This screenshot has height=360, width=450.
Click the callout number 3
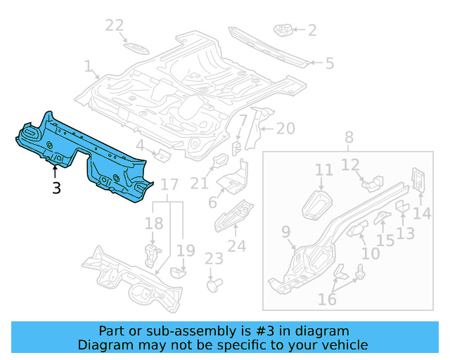click(x=56, y=188)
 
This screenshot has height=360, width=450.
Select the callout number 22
click(x=115, y=26)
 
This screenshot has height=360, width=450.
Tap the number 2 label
click(x=311, y=30)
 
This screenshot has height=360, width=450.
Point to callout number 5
click(x=329, y=63)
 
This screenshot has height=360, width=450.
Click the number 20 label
click(x=285, y=128)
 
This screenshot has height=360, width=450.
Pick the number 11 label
click(x=323, y=170)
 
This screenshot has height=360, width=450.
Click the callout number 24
click(x=237, y=245)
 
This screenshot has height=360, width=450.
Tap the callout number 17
click(x=169, y=186)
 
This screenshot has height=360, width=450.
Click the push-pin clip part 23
click(x=213, y=285)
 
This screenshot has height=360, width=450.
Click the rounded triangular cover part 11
click(x=317, y=204)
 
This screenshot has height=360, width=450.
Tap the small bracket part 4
click(x=161, y=155)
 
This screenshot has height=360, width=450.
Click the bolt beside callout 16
click(x=362, y=273)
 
